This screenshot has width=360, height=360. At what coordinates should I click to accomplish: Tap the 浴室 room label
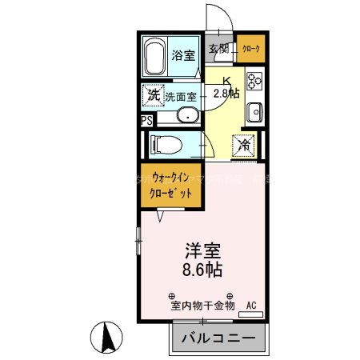click(x=184, y=55)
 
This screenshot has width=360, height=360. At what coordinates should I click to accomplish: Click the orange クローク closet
click(x=251, y=48)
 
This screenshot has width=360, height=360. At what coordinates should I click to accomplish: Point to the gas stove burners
click(x=255, y=81)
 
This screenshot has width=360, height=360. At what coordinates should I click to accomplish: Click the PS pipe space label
click(x=146, y=121)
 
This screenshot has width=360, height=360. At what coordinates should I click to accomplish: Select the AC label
click(x=251, y=305)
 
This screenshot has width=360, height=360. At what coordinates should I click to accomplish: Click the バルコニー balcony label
click(x=218, y=338)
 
